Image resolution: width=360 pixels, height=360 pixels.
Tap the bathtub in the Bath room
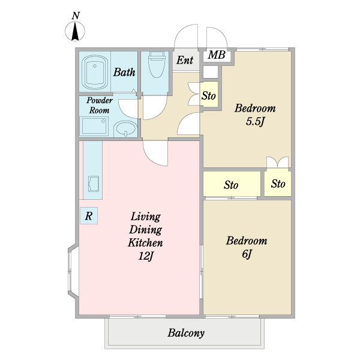[95, 72]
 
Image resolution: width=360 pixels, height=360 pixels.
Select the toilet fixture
[157, 65]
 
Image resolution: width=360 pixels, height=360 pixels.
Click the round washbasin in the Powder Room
[125, 128]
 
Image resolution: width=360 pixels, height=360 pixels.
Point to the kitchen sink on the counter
[94, 184]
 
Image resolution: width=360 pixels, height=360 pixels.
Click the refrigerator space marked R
[89, 215]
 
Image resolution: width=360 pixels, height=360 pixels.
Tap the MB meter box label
[217, 55]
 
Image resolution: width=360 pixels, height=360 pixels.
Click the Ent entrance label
[185, 60]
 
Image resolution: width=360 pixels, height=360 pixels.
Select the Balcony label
[186, 333]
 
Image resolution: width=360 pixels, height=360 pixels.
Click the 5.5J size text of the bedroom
[255, 122]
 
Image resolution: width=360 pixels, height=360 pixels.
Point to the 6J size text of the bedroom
[247, 254]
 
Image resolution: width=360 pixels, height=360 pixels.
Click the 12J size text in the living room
[146, 256]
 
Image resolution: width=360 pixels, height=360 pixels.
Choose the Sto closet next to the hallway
[209, 94]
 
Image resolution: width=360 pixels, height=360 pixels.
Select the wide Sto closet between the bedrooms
[232, 184]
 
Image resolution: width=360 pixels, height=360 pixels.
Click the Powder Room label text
[100, 106]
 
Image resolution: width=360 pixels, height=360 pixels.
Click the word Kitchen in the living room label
[145, 243]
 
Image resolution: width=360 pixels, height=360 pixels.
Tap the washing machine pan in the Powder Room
[94, 126]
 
